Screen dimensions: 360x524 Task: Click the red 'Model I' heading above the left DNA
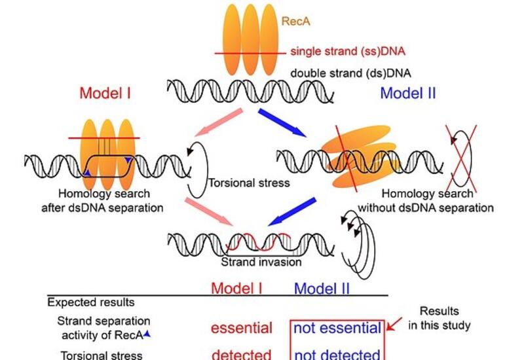click(x=105, y=93)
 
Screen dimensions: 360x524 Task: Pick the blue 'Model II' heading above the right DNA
click(x=407, y=93)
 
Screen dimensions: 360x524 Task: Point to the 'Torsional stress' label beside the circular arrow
click(x=248, y=183)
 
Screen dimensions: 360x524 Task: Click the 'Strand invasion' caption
click(x=261, y=262)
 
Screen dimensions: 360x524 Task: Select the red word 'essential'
click(x=241, y=328)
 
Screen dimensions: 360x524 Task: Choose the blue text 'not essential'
click(x=337, y=328)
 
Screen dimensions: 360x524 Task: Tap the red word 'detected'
click(x=241, y=355)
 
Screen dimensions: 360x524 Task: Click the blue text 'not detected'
click(x=337, y=355)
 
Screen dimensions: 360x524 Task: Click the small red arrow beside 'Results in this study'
click(x=395, y=324)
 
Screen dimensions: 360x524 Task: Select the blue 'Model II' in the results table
click(x=322, y=288)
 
